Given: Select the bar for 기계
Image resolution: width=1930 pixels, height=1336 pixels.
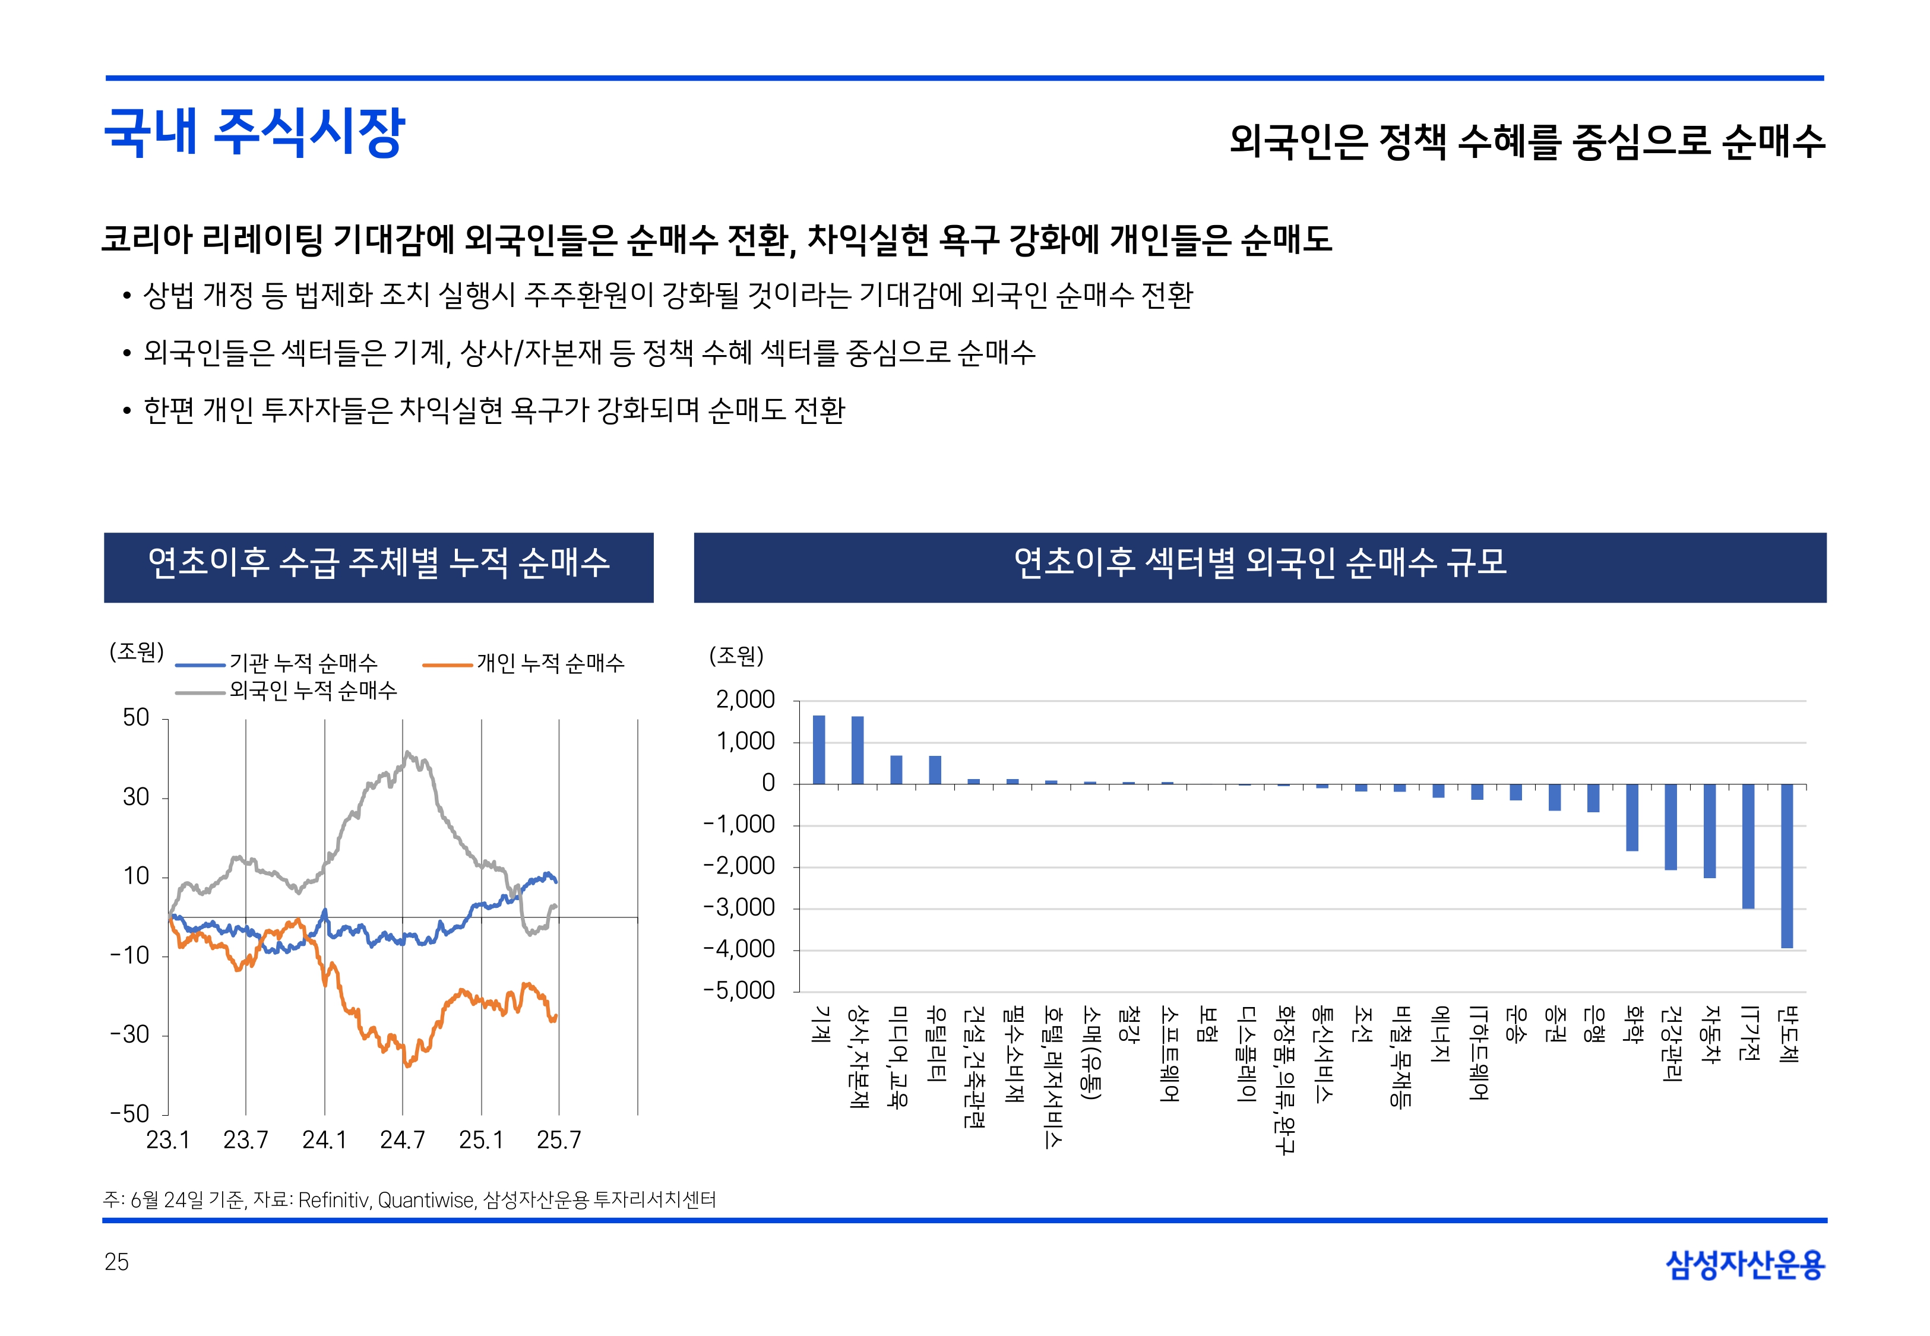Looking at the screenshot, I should (x=818, y=749).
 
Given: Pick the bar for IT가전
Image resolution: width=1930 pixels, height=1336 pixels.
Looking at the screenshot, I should (x=1748, y=846).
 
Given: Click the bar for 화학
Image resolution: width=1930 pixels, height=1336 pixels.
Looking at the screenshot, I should (x=1632, y=817).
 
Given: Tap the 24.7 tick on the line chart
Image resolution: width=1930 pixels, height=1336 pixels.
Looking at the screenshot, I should (x=403, y=1139).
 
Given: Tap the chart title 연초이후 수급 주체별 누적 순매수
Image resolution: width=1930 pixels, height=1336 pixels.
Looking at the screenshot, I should (x=378, y=562).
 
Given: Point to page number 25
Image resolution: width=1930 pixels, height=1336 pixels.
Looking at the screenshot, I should (x=116, y=1262).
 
